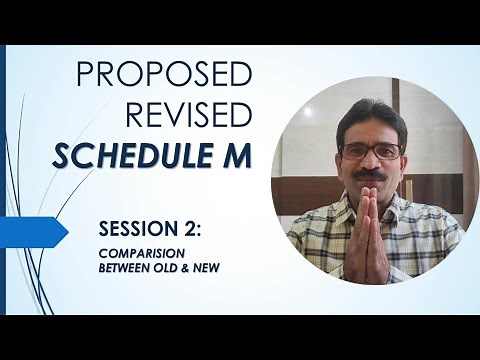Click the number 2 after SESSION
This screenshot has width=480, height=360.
pos(188,229)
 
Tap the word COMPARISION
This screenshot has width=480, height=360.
pos(139,255)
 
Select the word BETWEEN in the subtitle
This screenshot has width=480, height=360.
pos(124,268)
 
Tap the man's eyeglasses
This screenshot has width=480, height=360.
pos(371,151)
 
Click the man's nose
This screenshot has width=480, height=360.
pos(372,164)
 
